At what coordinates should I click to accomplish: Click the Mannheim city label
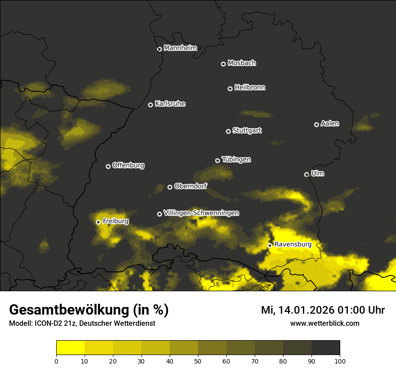tap(180, 48)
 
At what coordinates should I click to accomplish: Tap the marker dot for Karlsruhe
tap(150, 105)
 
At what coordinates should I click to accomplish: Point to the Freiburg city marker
tap(98, 222)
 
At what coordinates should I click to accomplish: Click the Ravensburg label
tap(293, 244)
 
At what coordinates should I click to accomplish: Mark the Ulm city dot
tap(306, 174)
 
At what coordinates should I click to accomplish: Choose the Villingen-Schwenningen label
tap(201, 213)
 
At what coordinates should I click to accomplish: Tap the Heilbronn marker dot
tap(230, 89)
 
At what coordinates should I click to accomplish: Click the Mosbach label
tap(242, 63)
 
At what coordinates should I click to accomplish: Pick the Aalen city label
tap(330, 124)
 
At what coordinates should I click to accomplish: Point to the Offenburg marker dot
tap(108, 166)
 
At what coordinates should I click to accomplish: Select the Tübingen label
tap(236, 160)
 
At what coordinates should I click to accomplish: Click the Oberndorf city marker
tap(170, 187)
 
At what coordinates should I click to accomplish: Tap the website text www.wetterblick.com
tap(324, 323)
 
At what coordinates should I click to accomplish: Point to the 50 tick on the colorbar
tap(198, 360)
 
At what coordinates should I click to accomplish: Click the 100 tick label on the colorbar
tap(340, 360)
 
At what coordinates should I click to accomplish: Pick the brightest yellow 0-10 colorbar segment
tap(71, 348)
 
